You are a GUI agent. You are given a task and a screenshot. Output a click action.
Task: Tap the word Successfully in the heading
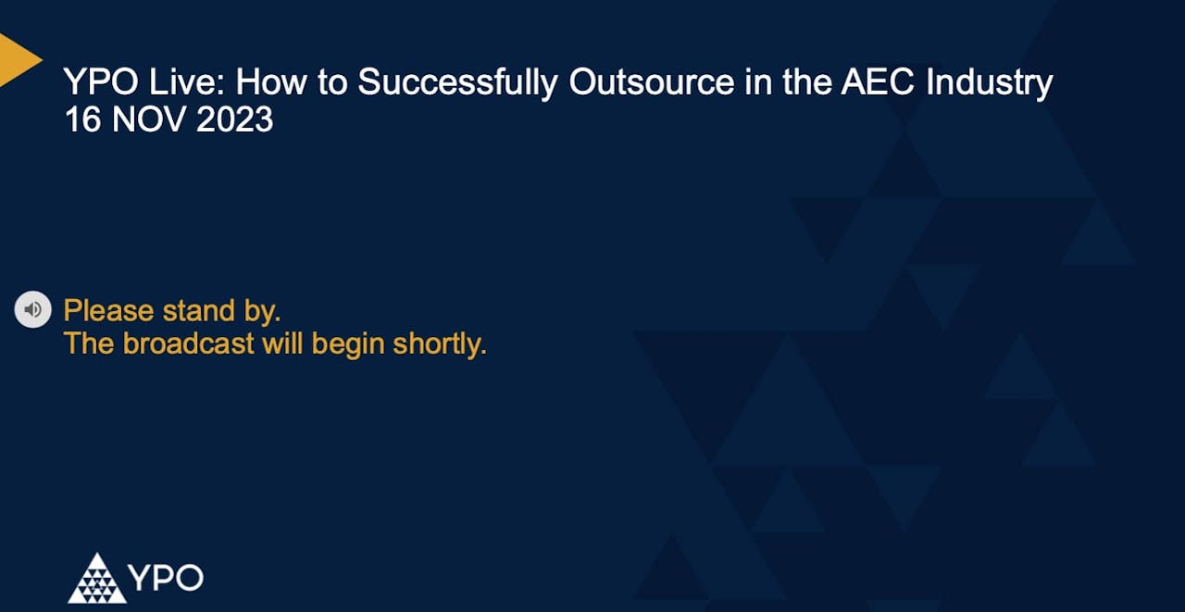458,83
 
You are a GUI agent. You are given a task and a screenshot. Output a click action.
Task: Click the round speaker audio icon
32,309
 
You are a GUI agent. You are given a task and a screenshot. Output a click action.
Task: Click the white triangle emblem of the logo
96,579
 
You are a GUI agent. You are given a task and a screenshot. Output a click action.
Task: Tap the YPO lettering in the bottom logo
166,579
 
